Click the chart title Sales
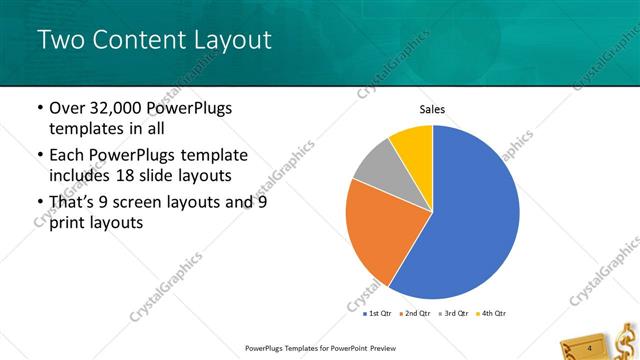pos(432,110)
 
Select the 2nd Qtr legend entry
pos(415,313)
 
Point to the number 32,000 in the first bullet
pos(114,108)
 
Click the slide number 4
pos(590,347)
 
